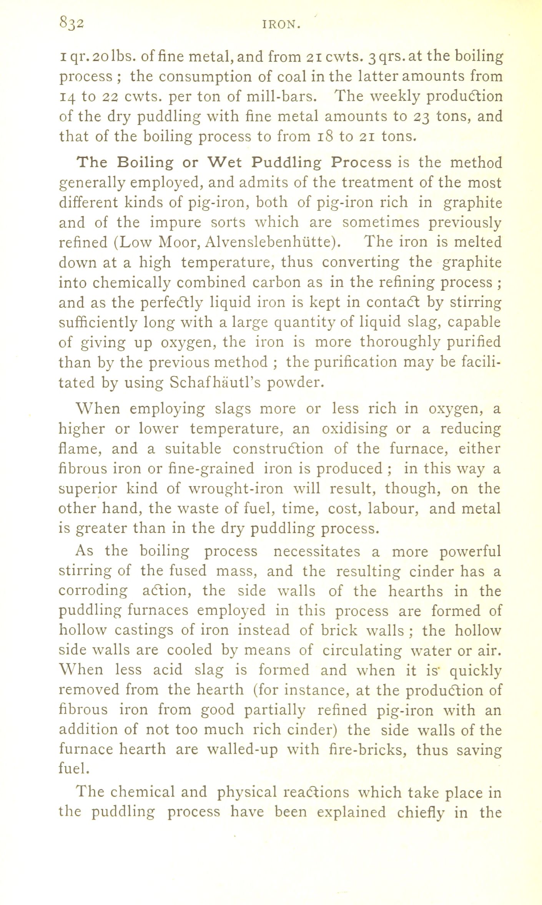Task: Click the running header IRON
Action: click(281, 25)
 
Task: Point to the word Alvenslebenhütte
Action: click(273, 242)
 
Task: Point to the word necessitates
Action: click(316, 552)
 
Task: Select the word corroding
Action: click(93, 591)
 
